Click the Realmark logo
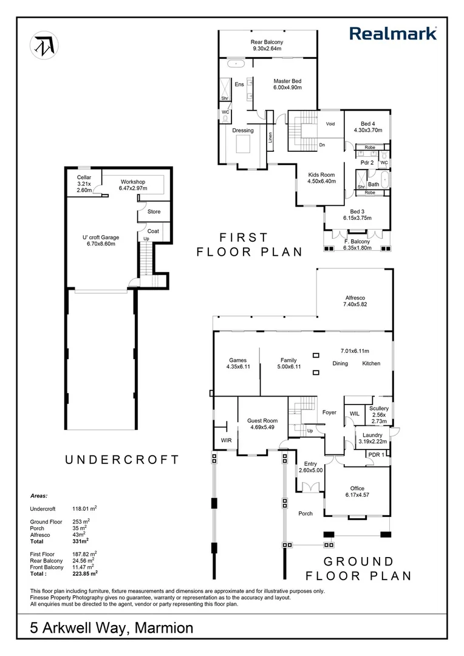click(x=393, y=33)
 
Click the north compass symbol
click(x=44, y=45)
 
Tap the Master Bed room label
click(x=287, y=84)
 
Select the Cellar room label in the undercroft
click(x=84, y=183)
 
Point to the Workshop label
click(x=133, y=185)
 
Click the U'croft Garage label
click(x=101, y=241)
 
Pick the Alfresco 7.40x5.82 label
click(x=355, y=301)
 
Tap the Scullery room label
click(x=379, y=415)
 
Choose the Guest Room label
click(x=262, y=424)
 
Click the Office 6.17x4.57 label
click(x=357, y=491)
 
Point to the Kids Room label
click(x=322, y=178)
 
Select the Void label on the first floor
click(x=330, y=124)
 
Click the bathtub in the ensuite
click(x=236, y=64)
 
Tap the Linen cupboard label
click(x=270, y=138)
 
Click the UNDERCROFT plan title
click(x=122, y=460)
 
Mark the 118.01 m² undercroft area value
click(x=84, y=509)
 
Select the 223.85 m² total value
click(x=85, y=573)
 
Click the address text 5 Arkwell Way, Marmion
click(x=112, y=628)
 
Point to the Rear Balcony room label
click(x=267, y=45)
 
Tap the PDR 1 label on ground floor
click(x=376, y=455)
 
